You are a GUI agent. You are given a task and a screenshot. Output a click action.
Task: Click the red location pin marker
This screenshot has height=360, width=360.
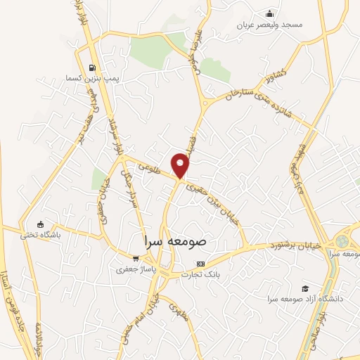(181, 165)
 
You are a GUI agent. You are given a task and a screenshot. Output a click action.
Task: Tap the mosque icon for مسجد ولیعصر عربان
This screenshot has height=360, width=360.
(269, 13)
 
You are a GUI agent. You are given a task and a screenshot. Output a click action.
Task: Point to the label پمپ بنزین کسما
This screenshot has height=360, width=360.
(89, 78)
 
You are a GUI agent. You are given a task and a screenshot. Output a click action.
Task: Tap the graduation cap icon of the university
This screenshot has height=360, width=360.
(304, 288)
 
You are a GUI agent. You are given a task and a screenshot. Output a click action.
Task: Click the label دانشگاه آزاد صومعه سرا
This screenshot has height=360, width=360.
(304, 299)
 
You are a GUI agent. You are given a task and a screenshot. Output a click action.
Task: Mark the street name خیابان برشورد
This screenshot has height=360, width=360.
(297, 246)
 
